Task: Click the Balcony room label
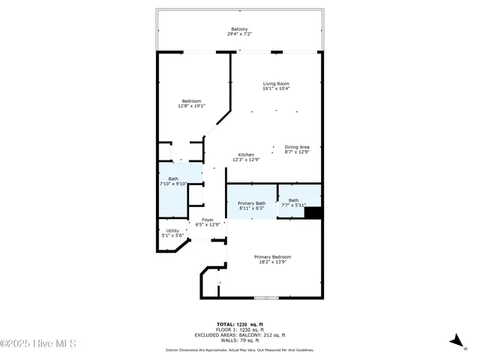point(239,29)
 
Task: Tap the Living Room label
point(276,83)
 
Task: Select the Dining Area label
point(297,147)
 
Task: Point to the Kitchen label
point(246,154)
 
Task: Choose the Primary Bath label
point(251,204)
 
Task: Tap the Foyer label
point(208,220)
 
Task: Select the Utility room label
point(172,231)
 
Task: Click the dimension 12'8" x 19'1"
point(191,106)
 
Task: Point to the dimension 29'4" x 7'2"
point(239,34)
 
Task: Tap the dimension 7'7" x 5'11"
point(293,205)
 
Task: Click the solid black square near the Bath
point(313,212)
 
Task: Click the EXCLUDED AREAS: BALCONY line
point(240,334)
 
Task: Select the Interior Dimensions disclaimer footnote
point(240,350)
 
